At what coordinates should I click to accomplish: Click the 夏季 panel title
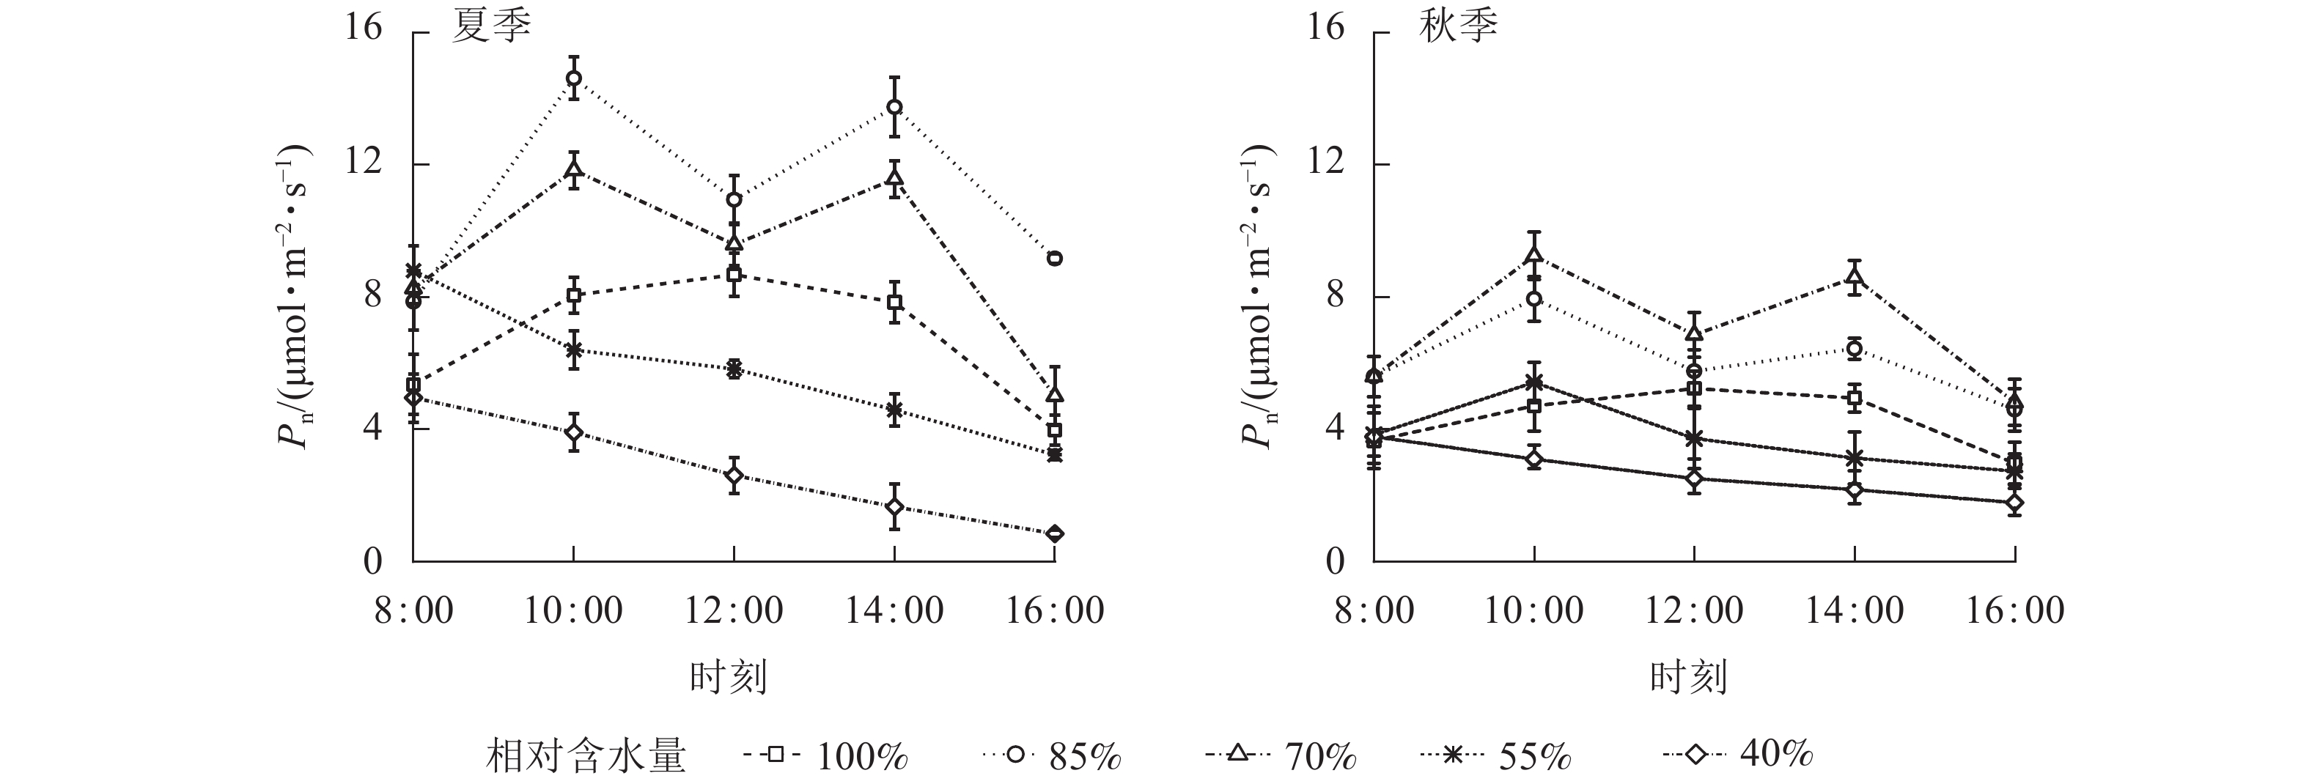(x=490, y=28)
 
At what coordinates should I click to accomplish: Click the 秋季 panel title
(x=1457, y=28)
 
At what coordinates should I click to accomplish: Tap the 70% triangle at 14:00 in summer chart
(x=894, y=177)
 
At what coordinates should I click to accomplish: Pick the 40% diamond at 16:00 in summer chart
(x=1054, y=533)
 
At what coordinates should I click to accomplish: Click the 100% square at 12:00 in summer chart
(x=734, y=274)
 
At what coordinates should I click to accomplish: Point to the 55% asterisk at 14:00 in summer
(x=894, y=410)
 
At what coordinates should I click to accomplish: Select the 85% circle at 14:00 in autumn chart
(x=1855, y=349)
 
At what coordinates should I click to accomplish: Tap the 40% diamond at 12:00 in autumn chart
(x=1694, y=478)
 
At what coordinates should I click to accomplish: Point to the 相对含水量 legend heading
(x=586, y=756)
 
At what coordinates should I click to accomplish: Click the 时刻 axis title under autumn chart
(x=1688, y=677)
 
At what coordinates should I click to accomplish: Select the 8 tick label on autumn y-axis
(x=1335, y=296)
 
